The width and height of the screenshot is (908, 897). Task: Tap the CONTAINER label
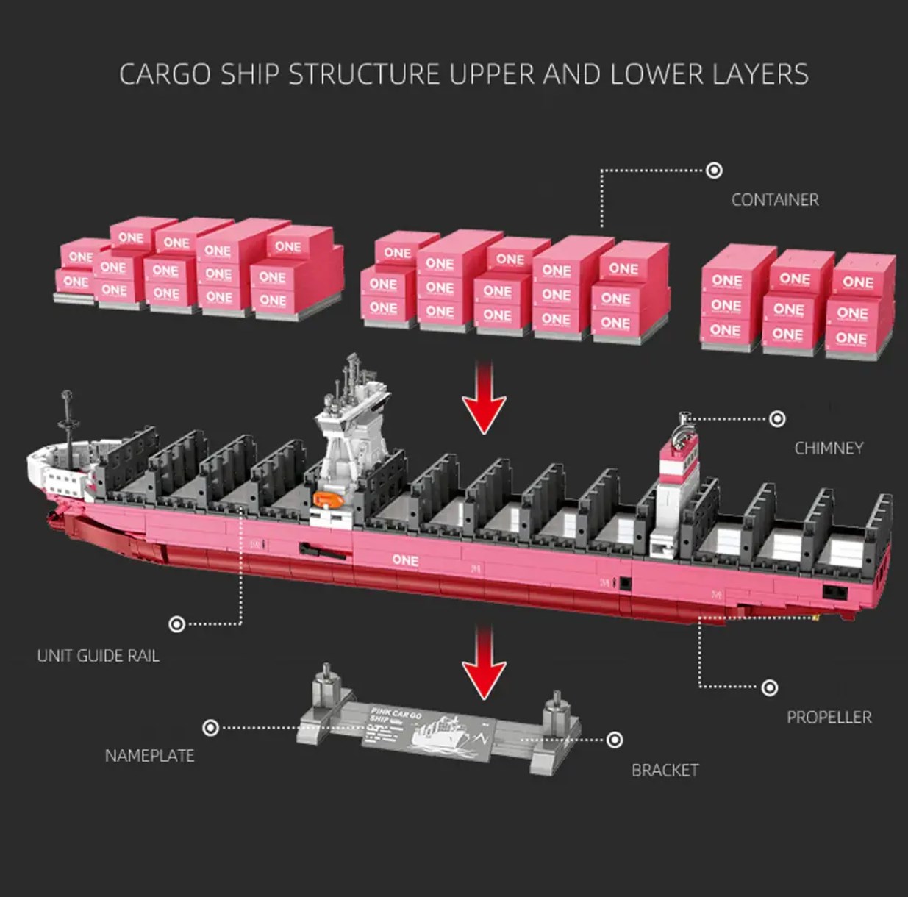(774, 200)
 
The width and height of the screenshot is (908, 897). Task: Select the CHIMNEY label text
(829, 448)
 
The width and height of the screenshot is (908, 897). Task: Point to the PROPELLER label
(829, 717)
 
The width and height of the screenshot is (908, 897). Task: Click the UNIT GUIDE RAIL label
(98, 656)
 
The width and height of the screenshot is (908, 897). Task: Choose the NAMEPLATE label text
(149, 756)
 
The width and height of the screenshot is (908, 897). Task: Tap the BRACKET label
(665, 770)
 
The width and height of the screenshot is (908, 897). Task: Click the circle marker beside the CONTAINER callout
(714, 171)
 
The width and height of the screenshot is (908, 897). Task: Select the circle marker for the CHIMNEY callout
(777, 419)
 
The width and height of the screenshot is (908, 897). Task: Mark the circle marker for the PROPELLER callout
(769, 687)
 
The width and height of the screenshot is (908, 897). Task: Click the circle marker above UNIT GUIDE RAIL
(176, 624)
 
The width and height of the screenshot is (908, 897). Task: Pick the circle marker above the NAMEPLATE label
(210, 728)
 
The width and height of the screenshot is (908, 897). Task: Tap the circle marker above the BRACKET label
(615, 740)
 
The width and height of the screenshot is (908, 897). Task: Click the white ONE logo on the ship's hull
(405, 560)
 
